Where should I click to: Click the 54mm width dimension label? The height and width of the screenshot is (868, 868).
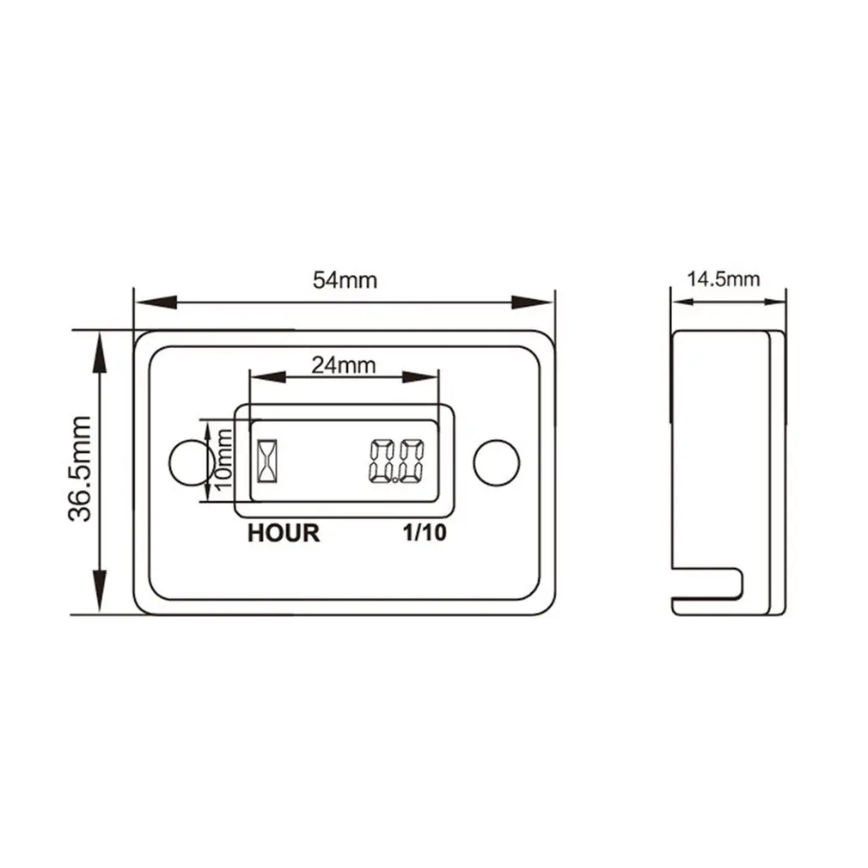(x=345, y=281)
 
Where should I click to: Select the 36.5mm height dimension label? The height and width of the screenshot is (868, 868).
(x=81, y=469)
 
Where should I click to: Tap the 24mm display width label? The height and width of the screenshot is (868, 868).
(x=343, y=365)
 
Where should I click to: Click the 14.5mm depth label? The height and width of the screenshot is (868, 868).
(x=723, y=278)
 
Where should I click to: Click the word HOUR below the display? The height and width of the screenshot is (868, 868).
(x=283, y=534)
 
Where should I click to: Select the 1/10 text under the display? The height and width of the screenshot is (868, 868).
(x=425, y=534)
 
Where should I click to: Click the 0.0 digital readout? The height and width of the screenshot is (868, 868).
(x=396, y=462)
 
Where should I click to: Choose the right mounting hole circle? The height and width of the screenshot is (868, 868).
(x=497, y=462)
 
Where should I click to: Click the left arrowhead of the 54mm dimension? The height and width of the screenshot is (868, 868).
(x=155, y=303)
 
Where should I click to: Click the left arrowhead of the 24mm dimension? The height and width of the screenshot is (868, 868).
(x=263, y=376)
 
